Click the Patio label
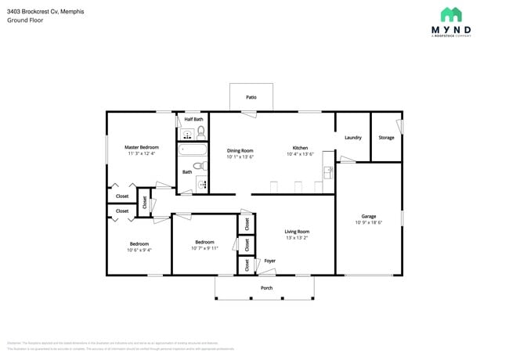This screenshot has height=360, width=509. [x=251, y=98]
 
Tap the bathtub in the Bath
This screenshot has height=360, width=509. [x=192, y=149]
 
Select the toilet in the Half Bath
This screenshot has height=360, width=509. [x=200, y=131]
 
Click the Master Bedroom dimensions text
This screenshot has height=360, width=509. [x=142, y=154]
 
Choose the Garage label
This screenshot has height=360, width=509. [x=368, y=216]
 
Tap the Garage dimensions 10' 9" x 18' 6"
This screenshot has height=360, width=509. [x=368, y=223]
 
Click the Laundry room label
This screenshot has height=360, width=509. [x=353, y=138]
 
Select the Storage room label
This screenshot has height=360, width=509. [x=386, y=138]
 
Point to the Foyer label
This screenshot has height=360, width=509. [x=269, y=261]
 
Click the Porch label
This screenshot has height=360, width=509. [x=267, y=287]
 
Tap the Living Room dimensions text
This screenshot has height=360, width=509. [x=297, y=239]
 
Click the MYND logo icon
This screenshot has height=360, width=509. [x=451, y=15]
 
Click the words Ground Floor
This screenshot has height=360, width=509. [x=26, y=20]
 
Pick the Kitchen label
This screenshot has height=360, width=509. [x=301, y=148]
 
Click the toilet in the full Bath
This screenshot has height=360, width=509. [x=199, y=166]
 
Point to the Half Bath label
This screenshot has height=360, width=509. [x=193, y=119]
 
